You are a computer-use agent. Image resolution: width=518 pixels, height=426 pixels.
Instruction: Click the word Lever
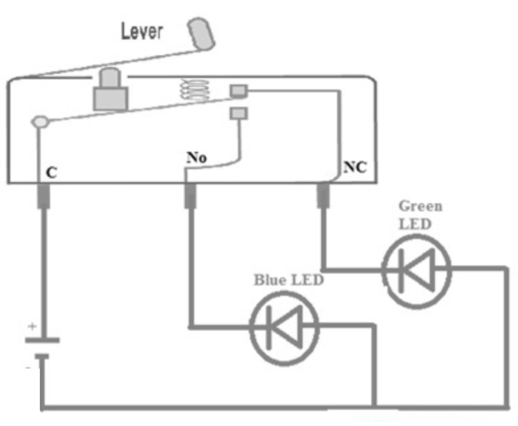142,31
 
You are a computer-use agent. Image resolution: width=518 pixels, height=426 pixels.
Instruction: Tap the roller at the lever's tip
202,34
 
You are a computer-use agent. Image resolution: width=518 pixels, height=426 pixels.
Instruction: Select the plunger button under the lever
110,89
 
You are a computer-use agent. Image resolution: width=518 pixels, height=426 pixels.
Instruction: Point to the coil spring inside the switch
194,89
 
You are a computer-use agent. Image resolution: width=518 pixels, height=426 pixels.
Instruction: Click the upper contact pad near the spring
239,91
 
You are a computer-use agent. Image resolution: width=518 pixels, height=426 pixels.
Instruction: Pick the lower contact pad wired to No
239,113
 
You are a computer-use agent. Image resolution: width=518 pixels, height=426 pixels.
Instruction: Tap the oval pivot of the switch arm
41,122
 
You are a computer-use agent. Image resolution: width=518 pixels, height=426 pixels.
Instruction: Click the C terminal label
51,172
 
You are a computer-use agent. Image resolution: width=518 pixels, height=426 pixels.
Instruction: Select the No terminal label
196,157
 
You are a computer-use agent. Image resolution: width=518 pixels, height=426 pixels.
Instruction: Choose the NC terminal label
355,167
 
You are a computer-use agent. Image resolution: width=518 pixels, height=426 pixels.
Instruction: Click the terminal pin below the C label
43,196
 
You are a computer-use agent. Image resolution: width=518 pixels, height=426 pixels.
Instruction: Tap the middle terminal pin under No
190,196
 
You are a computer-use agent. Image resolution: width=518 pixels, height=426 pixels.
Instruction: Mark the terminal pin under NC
324,195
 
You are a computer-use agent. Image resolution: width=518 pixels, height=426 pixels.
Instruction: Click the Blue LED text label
288,280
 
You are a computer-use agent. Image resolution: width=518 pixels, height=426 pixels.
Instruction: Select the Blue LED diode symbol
285,328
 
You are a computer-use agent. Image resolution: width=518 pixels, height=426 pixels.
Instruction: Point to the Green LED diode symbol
416,271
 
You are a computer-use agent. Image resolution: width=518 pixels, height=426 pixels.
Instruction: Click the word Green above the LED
420,206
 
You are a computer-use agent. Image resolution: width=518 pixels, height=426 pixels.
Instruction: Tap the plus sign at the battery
32,326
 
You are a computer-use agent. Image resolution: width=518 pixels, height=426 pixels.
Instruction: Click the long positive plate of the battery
42,340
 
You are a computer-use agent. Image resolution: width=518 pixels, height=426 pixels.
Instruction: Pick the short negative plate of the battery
42,357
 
